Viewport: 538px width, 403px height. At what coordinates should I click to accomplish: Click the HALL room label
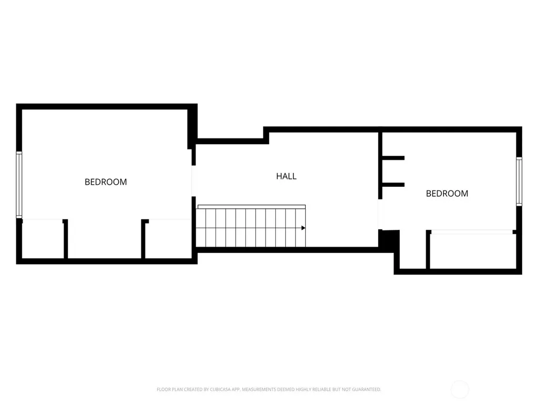click(x=286, y=176)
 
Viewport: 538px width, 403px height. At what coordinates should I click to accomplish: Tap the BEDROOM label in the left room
click(x=106, y=182)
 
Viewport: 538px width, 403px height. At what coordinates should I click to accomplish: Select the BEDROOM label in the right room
click(x=447, y=194)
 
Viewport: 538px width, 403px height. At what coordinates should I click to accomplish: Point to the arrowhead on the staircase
click(x=303, y=228)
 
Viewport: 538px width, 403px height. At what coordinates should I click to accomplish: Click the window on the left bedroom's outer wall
click(x=19, y=185)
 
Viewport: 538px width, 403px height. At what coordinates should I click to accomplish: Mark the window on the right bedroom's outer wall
click(x=519, y=181)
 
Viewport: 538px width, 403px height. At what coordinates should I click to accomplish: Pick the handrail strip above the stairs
click(x=252, y=207)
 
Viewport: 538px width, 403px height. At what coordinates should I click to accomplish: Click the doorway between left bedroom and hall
click(x=193, y=181)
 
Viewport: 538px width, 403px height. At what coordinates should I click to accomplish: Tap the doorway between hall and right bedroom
click(x=380, y=215)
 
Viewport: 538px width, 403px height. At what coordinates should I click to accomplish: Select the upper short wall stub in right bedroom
click(x=393, y=158)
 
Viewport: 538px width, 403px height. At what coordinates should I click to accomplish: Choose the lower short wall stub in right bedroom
click(x=393, y=185)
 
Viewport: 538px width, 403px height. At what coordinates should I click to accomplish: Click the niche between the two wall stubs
click(x=393, y=172)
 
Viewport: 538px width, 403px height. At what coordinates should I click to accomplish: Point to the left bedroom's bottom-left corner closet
click(x=43, y=239)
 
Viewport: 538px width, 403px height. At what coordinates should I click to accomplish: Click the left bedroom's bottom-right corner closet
click(x=168, y=239)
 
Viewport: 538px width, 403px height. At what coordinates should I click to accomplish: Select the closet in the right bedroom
click(x=473, y=251)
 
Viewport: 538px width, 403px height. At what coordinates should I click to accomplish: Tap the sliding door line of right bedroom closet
click(x=472, y=232)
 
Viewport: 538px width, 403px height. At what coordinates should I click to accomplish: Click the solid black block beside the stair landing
click(x=389, y=239)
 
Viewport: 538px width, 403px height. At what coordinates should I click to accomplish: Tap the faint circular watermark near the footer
click(x=460, y=389)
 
